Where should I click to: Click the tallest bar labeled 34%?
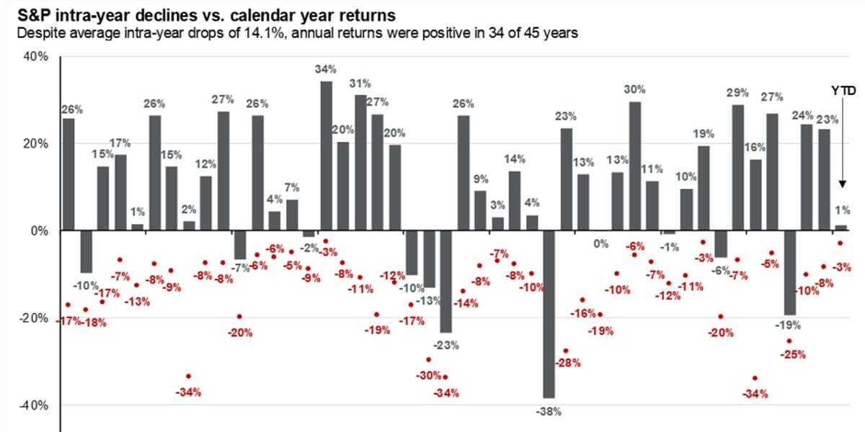point(326,156)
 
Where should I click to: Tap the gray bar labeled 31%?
point(360,162)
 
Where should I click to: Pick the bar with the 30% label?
point(634,166)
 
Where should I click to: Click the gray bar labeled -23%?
point(446,281)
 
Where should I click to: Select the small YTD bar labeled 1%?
point(841,228)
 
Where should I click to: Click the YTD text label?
point(840,91)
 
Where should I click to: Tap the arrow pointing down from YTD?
point(840,144)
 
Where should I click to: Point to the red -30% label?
point(428,375)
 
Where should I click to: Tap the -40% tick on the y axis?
point(32,405)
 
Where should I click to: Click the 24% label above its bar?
point(803,115)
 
